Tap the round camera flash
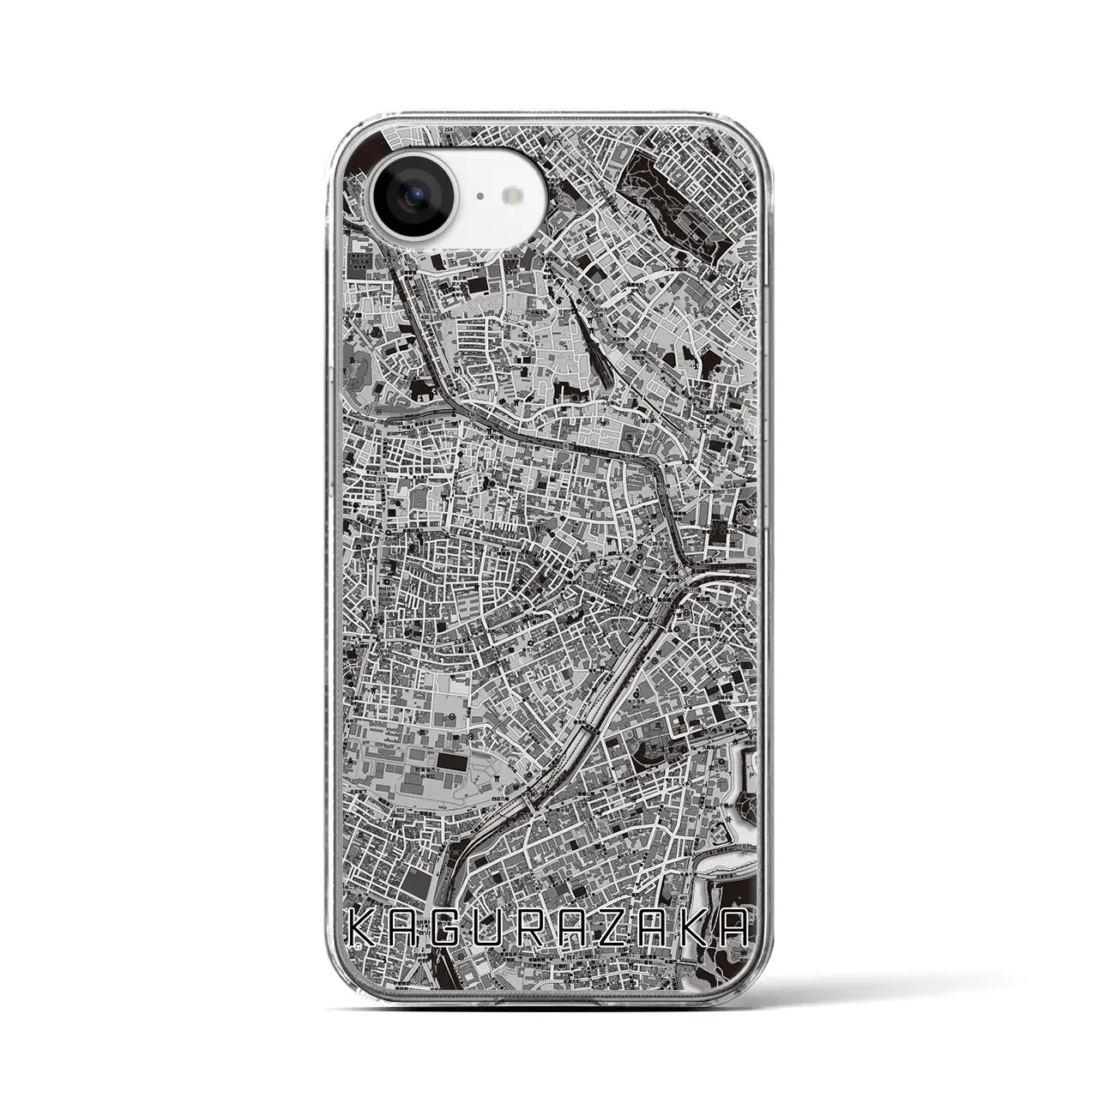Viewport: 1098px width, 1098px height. click(515, 196)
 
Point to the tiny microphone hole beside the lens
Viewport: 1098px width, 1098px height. click(479, 196)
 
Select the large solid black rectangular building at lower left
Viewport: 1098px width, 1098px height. click(454, 761)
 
